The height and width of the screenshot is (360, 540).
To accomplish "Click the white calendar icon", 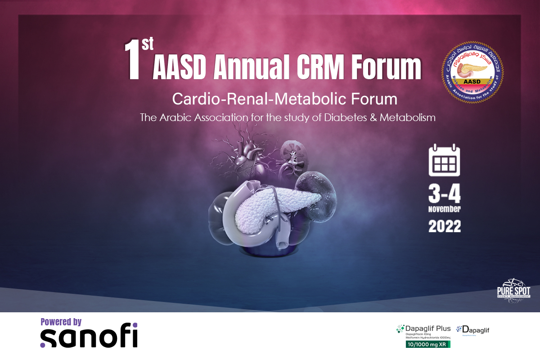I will pyautogui.click(x=444, y=160).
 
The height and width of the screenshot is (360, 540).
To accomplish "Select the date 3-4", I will pyautogui.click(x=445, y=194).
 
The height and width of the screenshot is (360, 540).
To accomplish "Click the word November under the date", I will pyautogui.click(x=445, y=210).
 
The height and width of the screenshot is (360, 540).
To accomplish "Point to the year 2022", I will pyautogui.click(x=445, y=226).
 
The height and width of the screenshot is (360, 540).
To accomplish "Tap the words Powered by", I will pyautogui.click(x=61, y=322).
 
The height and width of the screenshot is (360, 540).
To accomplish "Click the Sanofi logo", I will pyautogui.click(x=89, y=337).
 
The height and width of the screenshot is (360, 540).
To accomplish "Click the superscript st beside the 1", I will pyautogui.click(x=147, y=44).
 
